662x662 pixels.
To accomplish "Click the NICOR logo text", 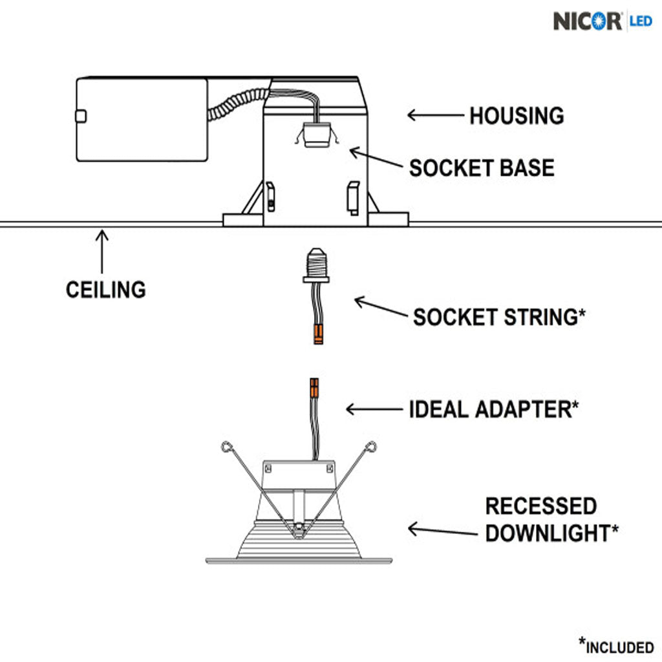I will click(588, 21).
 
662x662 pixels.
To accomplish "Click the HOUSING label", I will click(516, 116).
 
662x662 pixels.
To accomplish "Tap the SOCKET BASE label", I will click(482, 168).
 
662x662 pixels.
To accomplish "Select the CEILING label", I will click(105, 289).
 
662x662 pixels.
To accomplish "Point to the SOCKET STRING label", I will click(499, 317).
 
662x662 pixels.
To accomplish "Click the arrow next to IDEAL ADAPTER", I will click(374, 409).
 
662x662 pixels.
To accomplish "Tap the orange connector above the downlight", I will click(314, 389).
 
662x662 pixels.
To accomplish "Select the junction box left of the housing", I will click(142, 120).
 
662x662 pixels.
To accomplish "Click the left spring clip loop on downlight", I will click(225, 447).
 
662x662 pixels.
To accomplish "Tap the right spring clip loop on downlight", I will click(371, 446).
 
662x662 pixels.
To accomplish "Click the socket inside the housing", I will click(316, 134).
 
